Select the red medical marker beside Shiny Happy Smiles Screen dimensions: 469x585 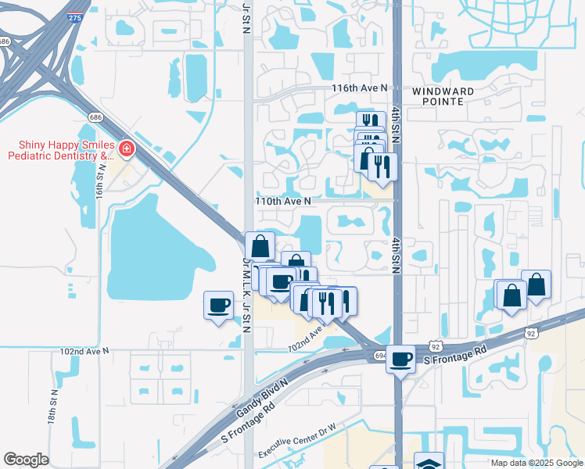click(x=125, y=149)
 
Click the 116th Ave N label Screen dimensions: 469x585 click(x=359, y=88)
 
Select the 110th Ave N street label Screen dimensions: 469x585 click(x=283, y=201)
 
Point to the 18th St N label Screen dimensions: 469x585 click(x=52, y=406)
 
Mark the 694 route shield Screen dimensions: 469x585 click(x=379, y=356)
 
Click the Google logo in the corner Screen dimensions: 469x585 click(x=25, y=460)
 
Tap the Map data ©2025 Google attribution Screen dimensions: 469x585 click(x=536, y=463)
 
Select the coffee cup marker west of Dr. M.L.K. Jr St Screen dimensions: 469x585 click(x=219, y=305)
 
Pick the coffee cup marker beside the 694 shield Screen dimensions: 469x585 click(x=400, y=360)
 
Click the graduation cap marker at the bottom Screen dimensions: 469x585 click(x=429, y=463)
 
